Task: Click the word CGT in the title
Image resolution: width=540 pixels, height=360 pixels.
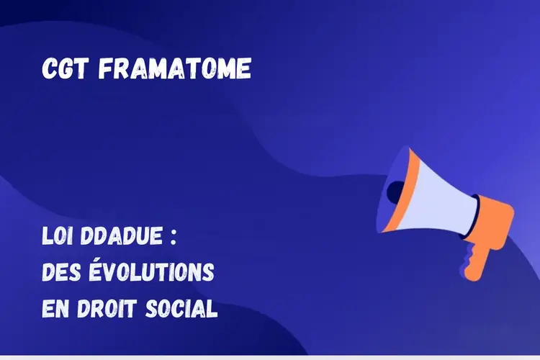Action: point(65,68)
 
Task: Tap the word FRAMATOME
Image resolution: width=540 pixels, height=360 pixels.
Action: point(175,68)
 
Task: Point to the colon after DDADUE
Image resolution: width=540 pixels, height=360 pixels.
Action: point(174,238)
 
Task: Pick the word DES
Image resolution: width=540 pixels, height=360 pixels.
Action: point(61,272)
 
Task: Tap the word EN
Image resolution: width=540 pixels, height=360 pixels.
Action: point(55,308)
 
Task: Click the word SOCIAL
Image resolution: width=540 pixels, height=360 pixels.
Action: point(181,308)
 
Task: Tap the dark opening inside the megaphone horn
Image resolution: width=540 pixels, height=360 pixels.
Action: point(396,192)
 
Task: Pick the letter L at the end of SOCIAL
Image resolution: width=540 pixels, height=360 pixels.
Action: point(212,308)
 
